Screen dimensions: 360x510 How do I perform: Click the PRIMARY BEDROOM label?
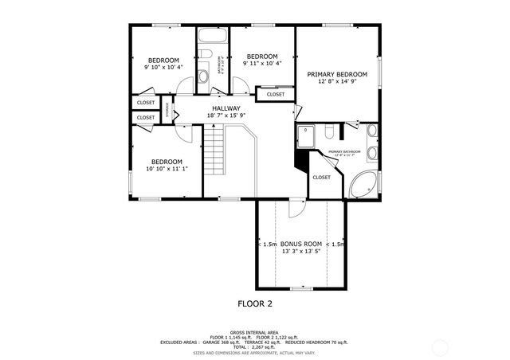click(337, 73)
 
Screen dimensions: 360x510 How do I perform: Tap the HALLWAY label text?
click(226, 108)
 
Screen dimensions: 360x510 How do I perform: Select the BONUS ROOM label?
click(300, 243)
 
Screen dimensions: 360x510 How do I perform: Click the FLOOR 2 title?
click(255, 303)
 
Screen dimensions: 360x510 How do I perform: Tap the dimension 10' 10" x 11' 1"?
click(167, 169)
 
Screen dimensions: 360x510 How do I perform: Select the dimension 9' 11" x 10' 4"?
click(261, 64)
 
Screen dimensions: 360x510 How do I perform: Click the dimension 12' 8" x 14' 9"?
click(337, 81)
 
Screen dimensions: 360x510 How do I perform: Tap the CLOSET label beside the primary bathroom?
click(322, 178)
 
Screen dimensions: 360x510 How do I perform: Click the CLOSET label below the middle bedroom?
click(275, 94)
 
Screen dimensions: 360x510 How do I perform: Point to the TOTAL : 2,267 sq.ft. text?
click(255, 346)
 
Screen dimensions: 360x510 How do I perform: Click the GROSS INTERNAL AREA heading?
click(255, 332)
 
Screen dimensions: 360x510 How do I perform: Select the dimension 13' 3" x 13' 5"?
click(300, 251)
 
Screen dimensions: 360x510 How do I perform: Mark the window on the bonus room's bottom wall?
click(300, 288)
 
